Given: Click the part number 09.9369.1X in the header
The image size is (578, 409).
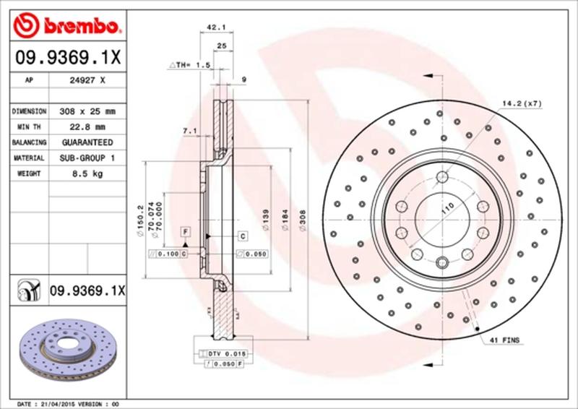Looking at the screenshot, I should pos(66,55).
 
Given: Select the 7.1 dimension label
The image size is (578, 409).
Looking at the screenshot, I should pos(190,130).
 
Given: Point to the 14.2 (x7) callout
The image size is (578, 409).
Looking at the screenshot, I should pos(522,103).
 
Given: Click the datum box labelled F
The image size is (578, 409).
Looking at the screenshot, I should pos(186,231).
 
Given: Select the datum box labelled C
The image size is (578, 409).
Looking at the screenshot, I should pos(243,236).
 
